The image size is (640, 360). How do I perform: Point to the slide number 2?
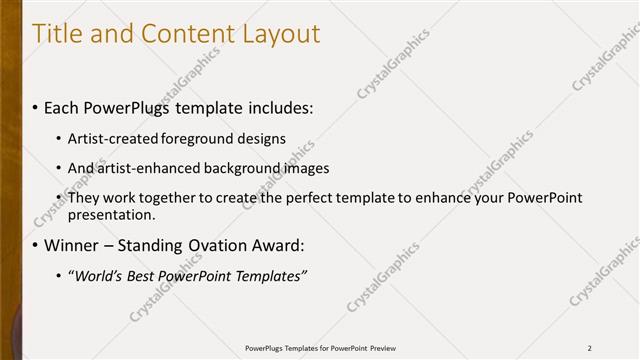[589, 347]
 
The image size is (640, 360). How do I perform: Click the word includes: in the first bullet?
[276, 106]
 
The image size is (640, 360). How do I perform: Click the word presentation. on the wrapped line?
[111, 214]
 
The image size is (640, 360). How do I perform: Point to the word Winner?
[70, 245]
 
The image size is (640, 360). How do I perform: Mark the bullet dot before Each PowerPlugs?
[36, 106]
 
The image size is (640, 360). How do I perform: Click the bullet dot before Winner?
[36, 245]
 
